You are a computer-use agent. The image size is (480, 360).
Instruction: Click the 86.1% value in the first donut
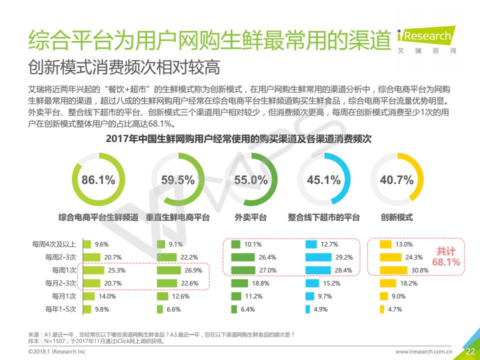click(x=98, y=180)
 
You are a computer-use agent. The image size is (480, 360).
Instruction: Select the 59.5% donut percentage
click(x=178, y=180)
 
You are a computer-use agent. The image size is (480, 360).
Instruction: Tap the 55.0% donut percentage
click(x=251, y=180)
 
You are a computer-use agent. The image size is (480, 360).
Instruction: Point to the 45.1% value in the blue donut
click(x=324, y=180)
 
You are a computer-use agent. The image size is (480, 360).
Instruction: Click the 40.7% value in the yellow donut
click(x=397, y=180)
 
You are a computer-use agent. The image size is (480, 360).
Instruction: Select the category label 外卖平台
click(x=250, y=217)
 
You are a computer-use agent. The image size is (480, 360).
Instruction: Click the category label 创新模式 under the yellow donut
click(x=397, y=217)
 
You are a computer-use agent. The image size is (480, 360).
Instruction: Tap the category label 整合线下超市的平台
click(x=323, y=217)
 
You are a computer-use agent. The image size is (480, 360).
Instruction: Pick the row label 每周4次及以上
click(x=54, y=244)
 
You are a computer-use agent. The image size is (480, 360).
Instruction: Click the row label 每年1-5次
click(x=60, y=309)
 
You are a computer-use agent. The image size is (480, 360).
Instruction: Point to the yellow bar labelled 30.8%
click(x=393, y=270)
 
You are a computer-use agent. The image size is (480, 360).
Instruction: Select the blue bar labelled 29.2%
click(x=318, y=257)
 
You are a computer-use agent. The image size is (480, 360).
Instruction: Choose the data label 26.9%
click(x=193, y=270)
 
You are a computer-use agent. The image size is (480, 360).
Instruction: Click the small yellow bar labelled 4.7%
click(x=382, y=309)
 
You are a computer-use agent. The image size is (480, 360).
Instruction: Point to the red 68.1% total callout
click(x=446, y=261)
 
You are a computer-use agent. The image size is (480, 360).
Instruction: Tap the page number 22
click(x=470, y=351)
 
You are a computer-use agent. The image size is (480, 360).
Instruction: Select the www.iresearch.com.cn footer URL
click(x=424, y=352)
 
